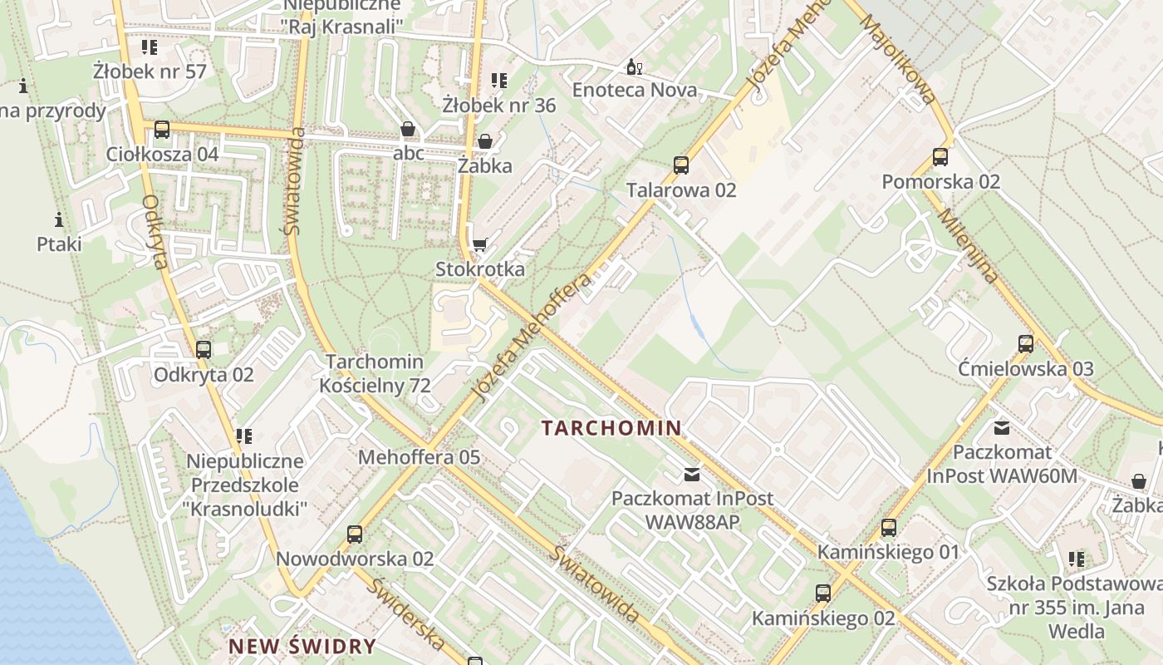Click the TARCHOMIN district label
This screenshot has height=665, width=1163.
[611, 428]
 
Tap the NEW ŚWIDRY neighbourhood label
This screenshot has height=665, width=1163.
[302, 646]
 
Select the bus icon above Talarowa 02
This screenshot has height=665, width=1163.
[681, 165]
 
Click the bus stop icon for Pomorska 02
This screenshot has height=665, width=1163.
[940, 157]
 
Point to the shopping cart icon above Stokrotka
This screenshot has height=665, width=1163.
[480, 244]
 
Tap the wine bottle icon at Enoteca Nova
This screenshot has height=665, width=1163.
[634, 66]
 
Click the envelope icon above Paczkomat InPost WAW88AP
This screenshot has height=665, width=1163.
[692, 475]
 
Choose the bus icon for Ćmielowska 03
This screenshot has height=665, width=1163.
[1026, 344]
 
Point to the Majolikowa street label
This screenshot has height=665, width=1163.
[898, 58]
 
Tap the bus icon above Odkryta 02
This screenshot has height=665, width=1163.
[204, 350]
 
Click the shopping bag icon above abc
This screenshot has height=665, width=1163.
[408, 130]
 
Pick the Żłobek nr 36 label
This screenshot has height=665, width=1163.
[498, 106]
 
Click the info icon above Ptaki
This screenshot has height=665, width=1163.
[59, 220]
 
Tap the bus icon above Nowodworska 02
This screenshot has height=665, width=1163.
[355, 534]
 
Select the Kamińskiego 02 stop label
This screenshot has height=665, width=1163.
[823, 618]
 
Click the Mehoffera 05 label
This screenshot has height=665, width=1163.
[419, 457]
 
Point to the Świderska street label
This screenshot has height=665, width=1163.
[405, 613]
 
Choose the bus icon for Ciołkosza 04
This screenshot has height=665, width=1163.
[162, 130]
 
